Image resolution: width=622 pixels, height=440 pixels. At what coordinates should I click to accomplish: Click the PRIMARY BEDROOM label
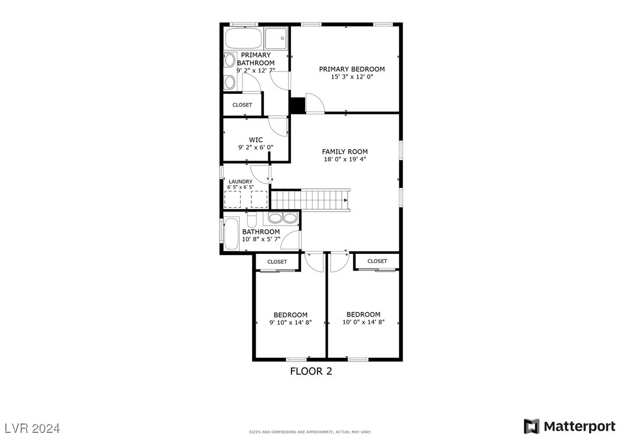352,69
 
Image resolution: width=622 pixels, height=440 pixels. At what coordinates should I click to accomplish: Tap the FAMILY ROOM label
345,152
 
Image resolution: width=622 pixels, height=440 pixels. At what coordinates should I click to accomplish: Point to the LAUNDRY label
240,182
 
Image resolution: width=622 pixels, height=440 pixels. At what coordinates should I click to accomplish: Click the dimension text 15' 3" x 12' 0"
352,77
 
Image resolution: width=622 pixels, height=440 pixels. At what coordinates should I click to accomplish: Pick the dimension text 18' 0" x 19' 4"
345,159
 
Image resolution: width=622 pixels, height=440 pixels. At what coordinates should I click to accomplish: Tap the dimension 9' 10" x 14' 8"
290,322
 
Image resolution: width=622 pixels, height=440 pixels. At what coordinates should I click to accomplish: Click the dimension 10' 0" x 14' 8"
364,322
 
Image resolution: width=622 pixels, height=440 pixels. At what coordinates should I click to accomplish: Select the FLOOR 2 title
311,371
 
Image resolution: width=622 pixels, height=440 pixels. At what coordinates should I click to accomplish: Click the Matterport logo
569,426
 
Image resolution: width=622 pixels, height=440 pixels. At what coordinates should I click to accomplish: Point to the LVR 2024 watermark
32,427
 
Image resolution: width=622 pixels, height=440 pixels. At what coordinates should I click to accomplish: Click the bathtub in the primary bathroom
243,39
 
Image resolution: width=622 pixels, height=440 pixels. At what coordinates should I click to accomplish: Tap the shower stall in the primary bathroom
276,39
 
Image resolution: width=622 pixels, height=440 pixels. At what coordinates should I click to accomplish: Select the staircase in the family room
310,199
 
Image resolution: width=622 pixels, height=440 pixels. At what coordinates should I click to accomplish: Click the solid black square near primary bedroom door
297,105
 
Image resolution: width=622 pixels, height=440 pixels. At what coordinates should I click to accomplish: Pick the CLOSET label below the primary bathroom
242,105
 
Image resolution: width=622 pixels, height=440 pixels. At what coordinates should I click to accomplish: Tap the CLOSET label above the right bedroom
377,261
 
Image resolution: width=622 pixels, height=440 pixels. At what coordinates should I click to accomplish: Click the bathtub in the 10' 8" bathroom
231,234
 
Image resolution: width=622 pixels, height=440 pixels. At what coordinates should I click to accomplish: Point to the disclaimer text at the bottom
311,432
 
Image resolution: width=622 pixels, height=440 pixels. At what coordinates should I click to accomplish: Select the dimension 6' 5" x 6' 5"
240,187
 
